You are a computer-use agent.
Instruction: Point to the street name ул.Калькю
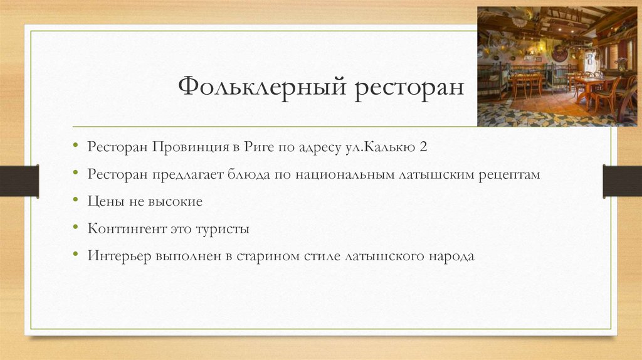coord(379,147)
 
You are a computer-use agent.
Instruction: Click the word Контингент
coord(127,229)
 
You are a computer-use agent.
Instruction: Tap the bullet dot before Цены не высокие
coord(75,202)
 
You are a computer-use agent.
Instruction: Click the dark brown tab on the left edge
coord(19,181)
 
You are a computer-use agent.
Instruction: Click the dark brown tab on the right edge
coord(622,181)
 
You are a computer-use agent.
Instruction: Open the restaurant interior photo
coord(557,66)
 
